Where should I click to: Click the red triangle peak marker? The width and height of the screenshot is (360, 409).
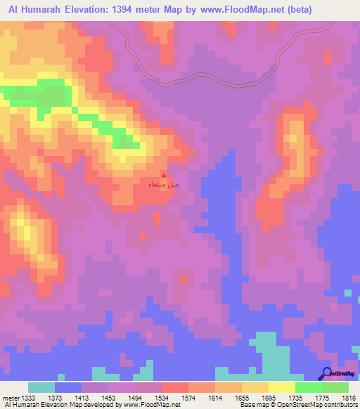(164, 176)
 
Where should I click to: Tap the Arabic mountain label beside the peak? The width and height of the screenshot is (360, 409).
(157, 185)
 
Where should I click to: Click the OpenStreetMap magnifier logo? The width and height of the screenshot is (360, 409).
(328, 374)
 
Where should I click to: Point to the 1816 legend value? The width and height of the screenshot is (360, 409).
(348, 398)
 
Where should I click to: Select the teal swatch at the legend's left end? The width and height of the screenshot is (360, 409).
(41, 387)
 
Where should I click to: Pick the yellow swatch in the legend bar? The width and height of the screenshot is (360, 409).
(281, 387)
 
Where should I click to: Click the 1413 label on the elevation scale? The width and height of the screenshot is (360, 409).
(82, 398)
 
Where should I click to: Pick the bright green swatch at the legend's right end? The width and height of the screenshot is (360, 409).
(335, 387)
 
